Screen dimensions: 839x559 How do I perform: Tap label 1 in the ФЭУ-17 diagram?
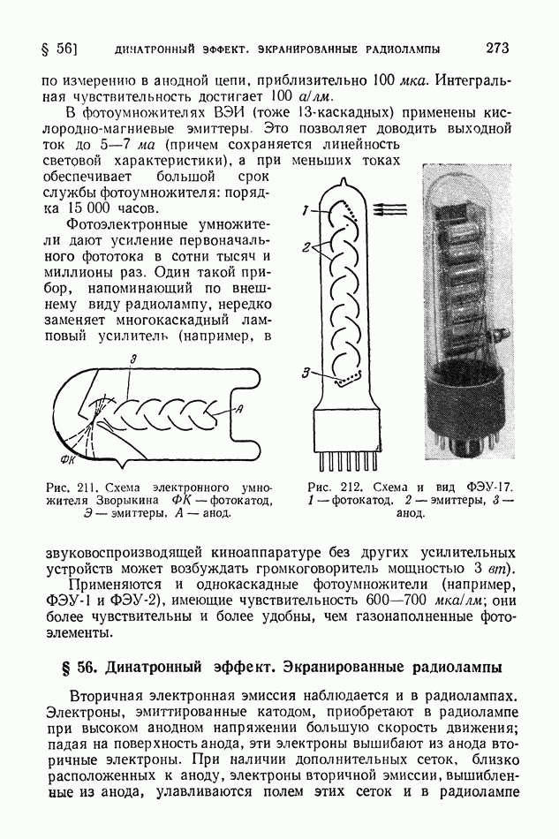tap(302, 211)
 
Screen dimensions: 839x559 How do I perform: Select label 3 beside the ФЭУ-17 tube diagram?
tap(304, 374)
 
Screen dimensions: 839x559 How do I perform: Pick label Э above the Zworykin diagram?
tap(132, 359)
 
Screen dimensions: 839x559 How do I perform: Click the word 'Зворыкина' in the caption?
tap(124, 502)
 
